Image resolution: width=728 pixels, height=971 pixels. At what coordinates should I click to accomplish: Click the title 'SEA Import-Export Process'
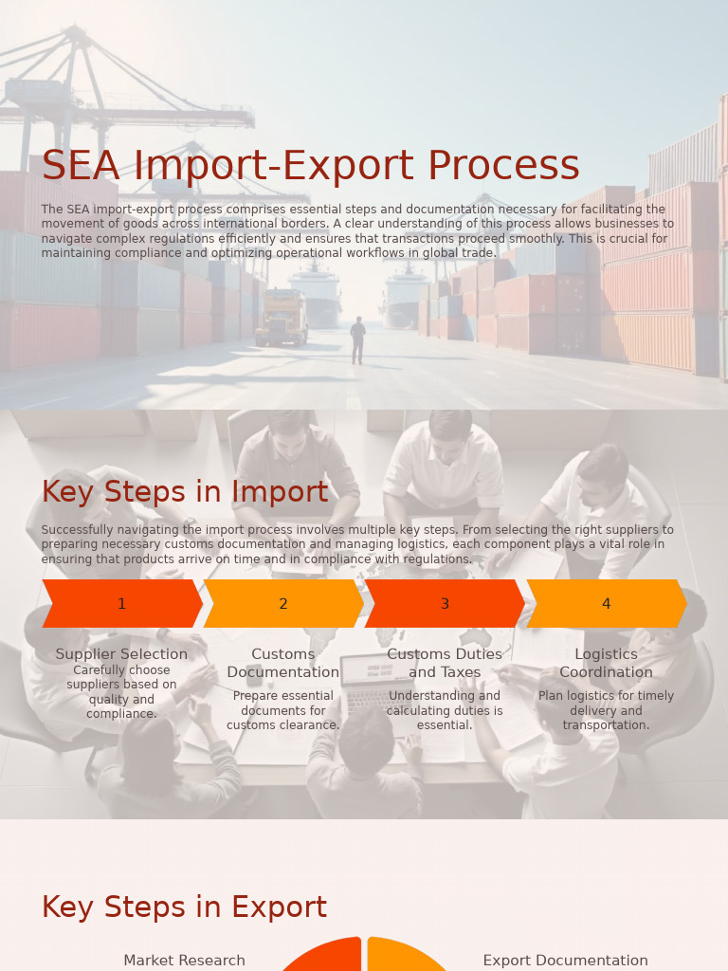310,166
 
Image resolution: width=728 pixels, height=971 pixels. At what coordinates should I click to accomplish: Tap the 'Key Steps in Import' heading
185,492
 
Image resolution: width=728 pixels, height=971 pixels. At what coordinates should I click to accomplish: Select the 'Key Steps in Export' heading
184,907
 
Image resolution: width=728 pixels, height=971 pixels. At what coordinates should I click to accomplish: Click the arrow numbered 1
121,604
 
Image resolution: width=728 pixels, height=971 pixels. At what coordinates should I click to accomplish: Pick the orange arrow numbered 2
282,604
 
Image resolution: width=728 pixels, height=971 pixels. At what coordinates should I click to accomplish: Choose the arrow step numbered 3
445,604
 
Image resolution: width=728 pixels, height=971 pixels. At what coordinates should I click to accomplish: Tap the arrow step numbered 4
606,604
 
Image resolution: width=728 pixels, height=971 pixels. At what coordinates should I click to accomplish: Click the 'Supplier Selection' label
121,654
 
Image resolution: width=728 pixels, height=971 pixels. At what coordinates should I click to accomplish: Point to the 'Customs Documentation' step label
282,663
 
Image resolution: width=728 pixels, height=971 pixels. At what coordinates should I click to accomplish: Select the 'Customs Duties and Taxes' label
445,663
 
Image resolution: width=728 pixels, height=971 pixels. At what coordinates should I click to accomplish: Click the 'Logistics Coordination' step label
606,663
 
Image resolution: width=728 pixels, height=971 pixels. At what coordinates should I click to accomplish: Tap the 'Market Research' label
184,961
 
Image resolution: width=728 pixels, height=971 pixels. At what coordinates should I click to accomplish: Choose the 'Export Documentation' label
565,961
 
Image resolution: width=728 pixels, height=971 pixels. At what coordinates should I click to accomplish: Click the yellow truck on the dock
282,317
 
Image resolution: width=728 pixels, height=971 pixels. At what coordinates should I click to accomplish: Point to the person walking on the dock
357,340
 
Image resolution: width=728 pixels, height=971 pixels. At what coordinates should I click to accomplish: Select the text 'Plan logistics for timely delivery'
606,703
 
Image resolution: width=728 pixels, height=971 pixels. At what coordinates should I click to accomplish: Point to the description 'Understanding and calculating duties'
445,703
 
